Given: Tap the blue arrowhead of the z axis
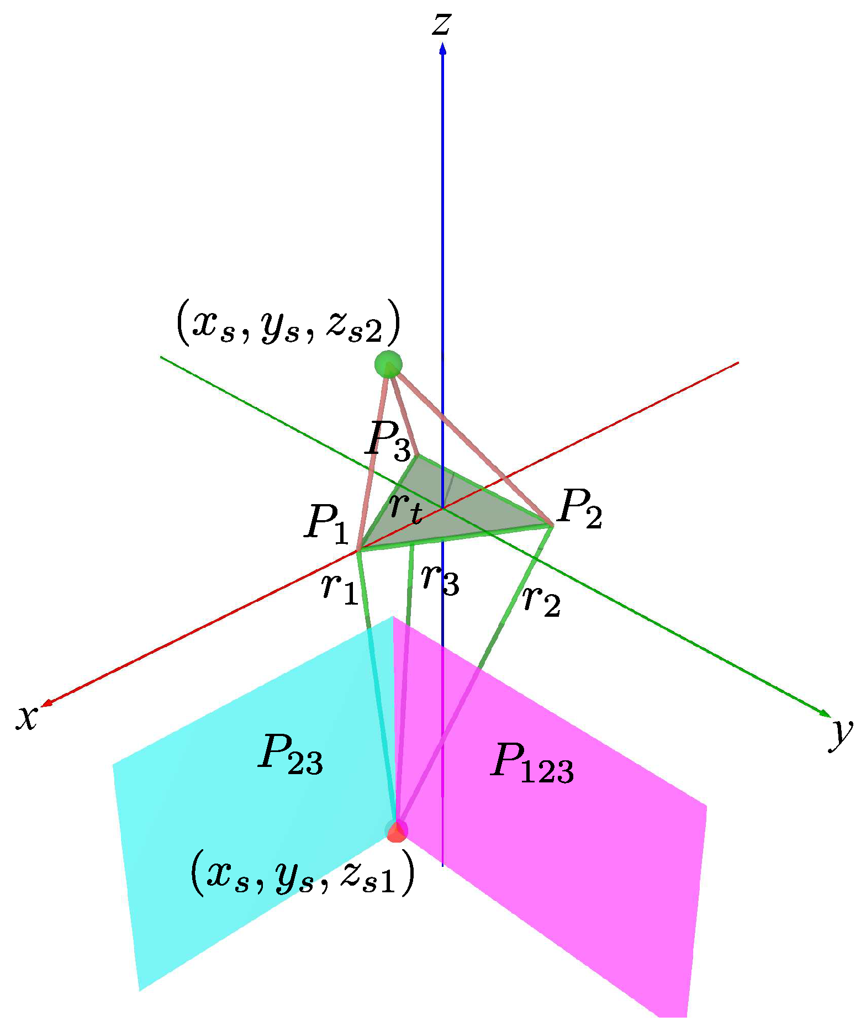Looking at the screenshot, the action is pos(442,50).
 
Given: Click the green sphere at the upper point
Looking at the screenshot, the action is pos(388,364).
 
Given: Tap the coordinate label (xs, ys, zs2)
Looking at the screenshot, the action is pos(287,323).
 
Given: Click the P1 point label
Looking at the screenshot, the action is pos(327,523).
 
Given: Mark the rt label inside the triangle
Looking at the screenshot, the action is pos(406,507).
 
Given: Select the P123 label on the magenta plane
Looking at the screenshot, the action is pos(532,763).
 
